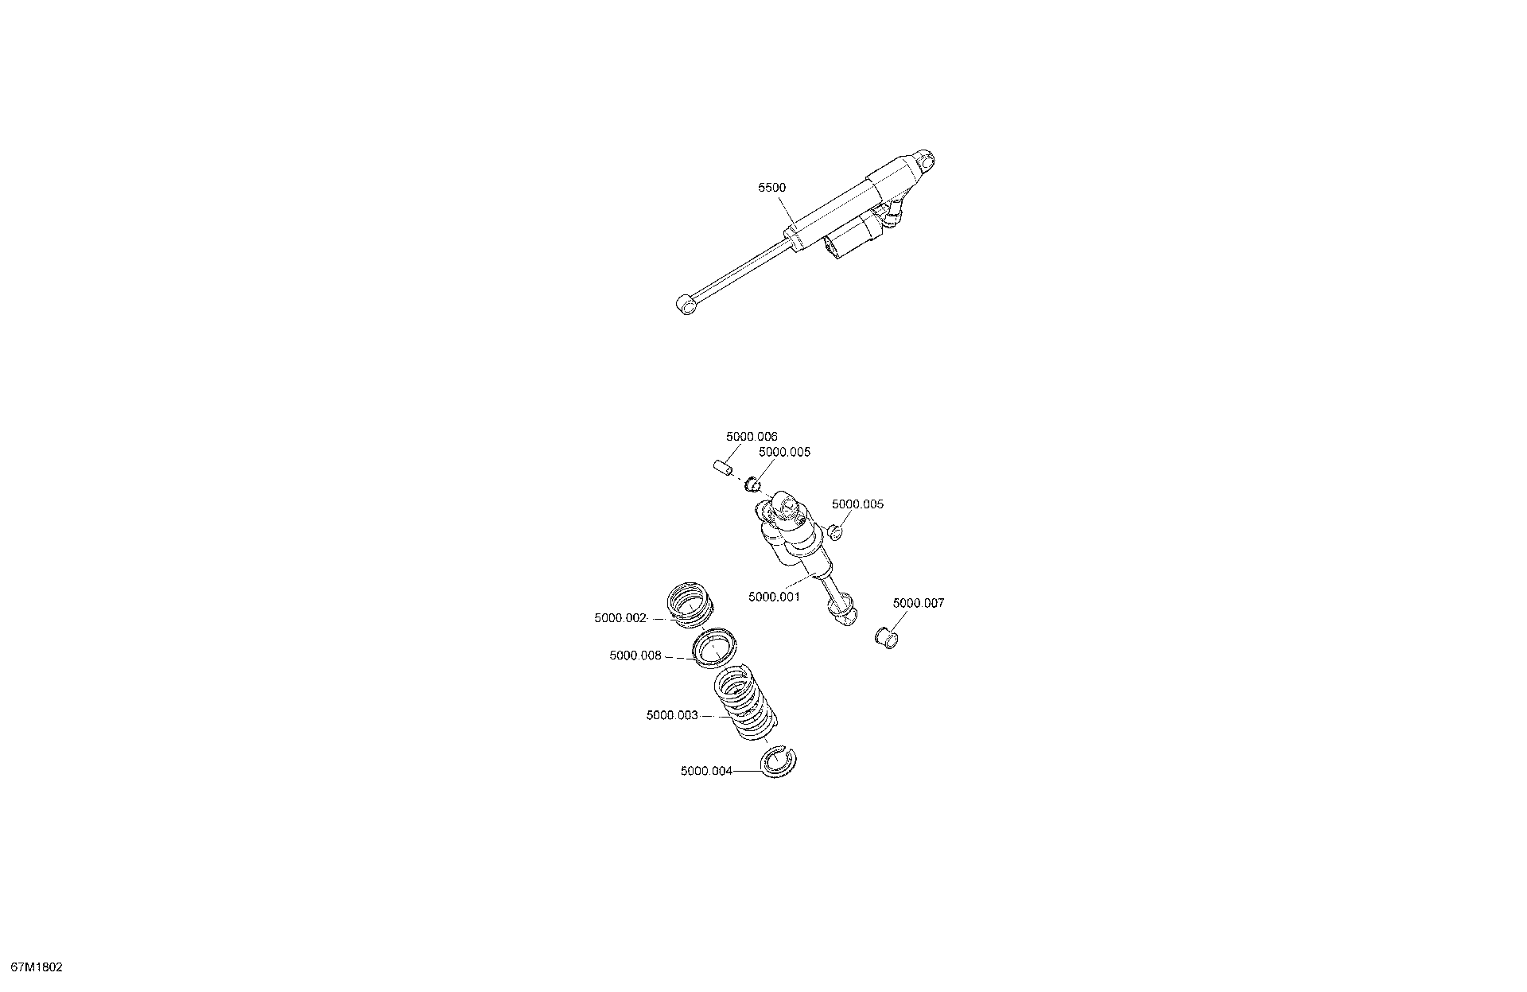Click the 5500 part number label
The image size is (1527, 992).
[771, 188]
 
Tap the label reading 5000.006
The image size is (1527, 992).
[752, 437]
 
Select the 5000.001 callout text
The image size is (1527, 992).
[774, 597]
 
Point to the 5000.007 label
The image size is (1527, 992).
[919, 603]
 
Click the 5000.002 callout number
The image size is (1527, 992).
[620, 618]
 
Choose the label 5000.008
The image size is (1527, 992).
[636, 655]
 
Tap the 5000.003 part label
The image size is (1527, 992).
[673, 715]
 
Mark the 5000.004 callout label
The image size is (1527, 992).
[707, 771]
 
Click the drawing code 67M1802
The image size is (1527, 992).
[32, 968]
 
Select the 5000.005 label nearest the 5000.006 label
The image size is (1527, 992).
[784, 452]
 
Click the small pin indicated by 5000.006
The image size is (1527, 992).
[722, 467]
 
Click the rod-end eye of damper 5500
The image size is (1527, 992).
[684, 304]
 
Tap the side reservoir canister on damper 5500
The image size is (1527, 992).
[853, 236]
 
